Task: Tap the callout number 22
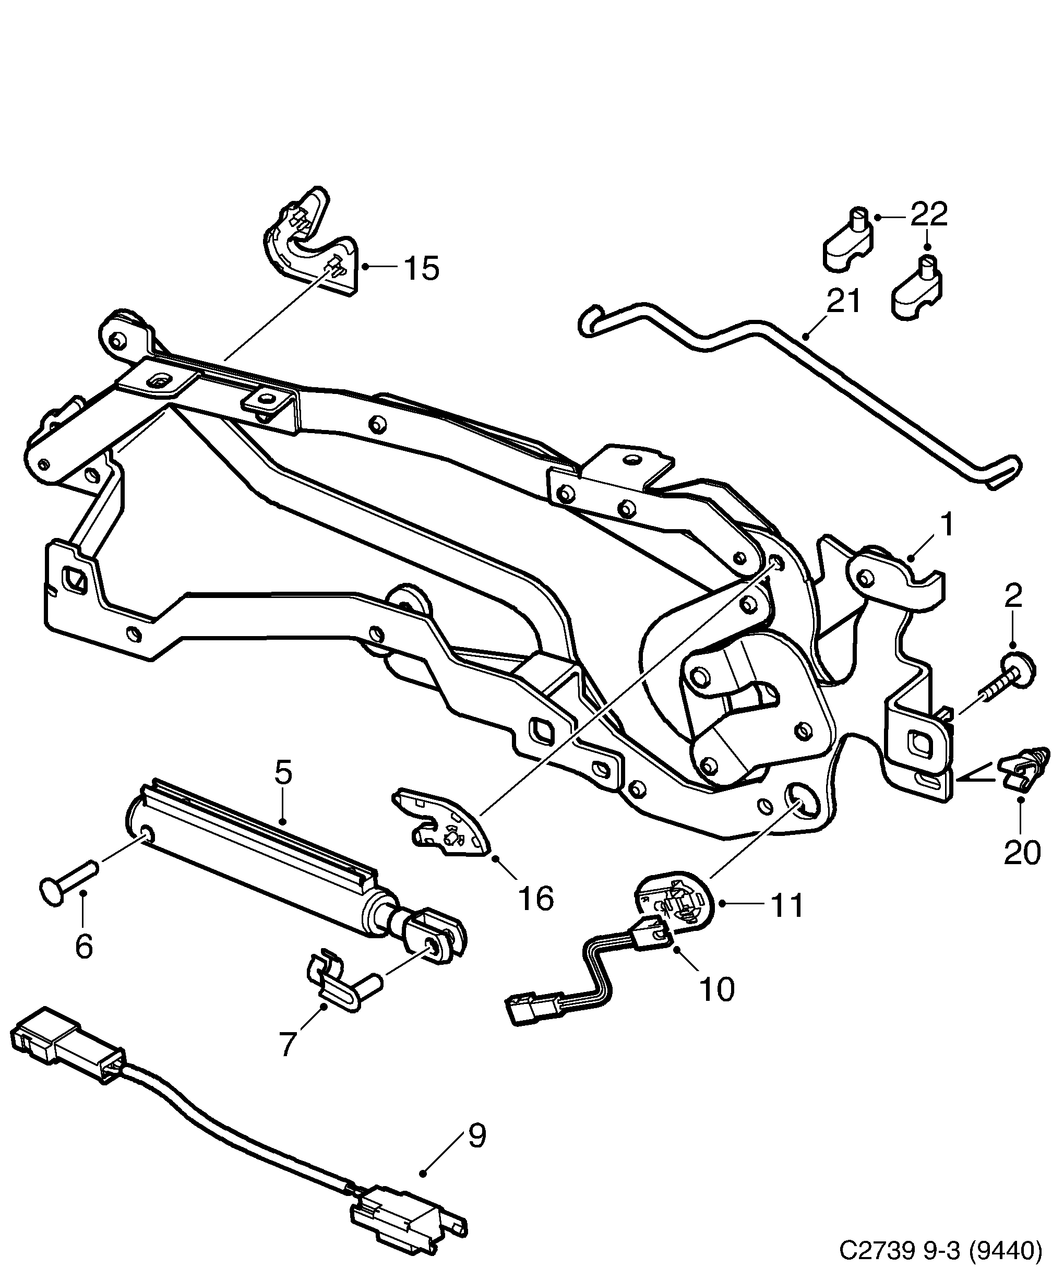929,214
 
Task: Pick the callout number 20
1022,852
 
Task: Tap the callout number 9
476,1137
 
